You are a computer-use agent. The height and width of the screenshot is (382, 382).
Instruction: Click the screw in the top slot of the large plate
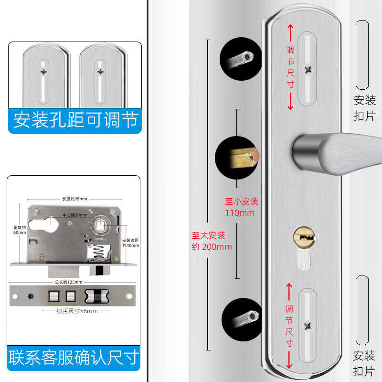[x=308, y=70]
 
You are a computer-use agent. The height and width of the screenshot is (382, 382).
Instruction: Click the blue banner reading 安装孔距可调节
[x=75, y=120]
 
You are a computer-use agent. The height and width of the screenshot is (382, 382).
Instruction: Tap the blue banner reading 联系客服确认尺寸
[x=75, y=357]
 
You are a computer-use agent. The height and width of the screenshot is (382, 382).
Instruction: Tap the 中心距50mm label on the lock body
[x=74, y=215]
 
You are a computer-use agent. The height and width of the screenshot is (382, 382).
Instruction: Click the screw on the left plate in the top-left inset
[x=44, y=72]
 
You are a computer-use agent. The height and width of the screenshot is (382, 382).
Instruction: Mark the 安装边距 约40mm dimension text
[x=130, y=243]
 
